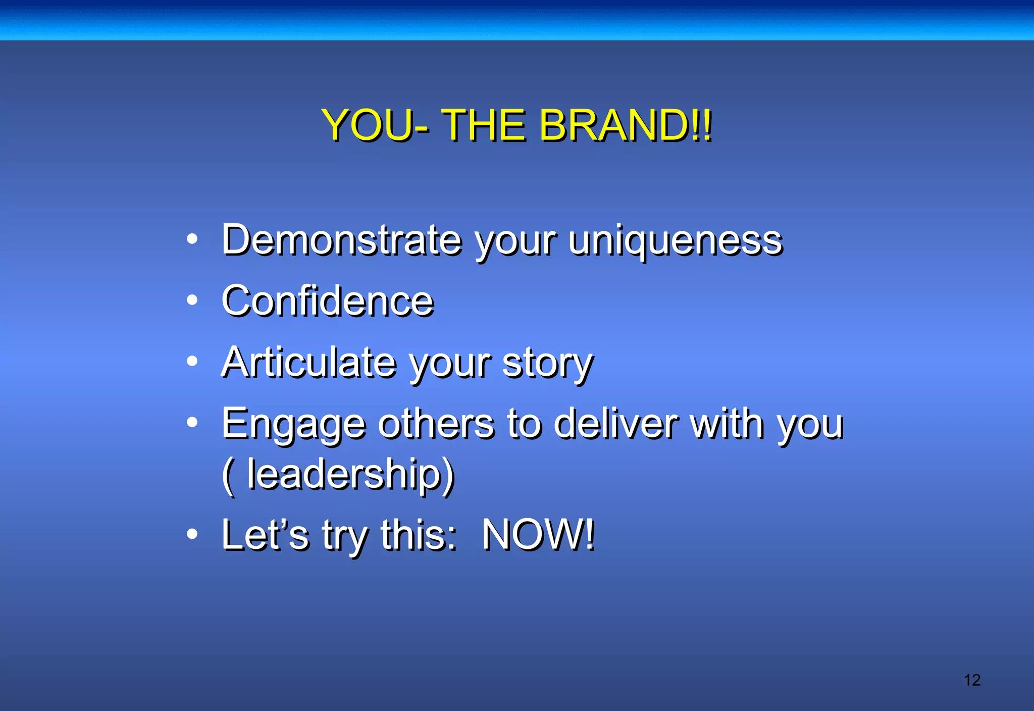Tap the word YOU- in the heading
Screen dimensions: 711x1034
coord(376,125)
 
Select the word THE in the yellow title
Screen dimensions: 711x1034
coord(484,125)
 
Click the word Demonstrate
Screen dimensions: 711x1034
coord(342,240)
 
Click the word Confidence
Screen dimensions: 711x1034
coord(328,301)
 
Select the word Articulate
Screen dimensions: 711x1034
coord(309,362)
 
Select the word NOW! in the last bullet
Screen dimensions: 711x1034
coord(538,535)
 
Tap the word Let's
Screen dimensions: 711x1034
coord(265,535)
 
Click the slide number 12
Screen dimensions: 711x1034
coord(972,680)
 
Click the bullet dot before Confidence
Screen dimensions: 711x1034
coord(192,300)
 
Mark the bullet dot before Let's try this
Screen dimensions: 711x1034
coord(192,534)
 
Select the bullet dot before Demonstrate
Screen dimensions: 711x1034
coord(192,239)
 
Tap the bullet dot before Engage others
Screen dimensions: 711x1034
coord(192,422)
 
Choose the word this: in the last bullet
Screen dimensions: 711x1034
coord(419,535)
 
